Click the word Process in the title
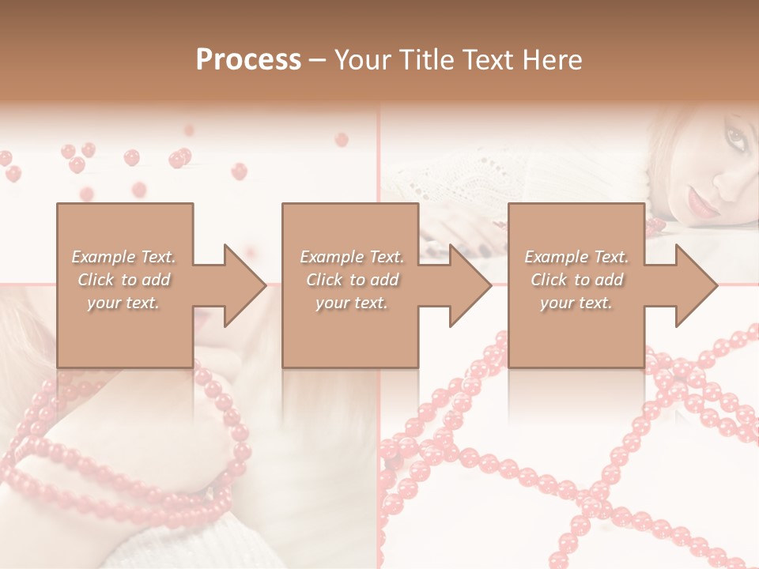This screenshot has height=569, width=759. tap(248, 60)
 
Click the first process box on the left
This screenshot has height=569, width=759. tap(124, 332)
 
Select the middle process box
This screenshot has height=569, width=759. tap(350, 332)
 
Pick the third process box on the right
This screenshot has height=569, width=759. tap(576, 332)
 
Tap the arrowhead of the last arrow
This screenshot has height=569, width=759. tap(695, 285)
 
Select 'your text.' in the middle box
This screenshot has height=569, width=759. tap(351, 303)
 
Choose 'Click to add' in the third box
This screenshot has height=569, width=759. tap(576, 280)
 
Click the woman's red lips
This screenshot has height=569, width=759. tap(700, 205)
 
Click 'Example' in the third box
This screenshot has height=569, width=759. tap(556, 257)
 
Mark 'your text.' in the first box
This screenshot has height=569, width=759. tap(123, 303)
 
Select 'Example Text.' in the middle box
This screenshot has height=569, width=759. tap(351, 257)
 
